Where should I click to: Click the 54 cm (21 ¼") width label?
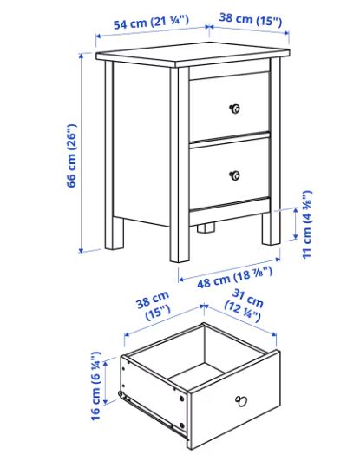(x=151, y=23)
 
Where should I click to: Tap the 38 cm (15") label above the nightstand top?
(x=251, y=19)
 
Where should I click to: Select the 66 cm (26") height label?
(x=72, y=155)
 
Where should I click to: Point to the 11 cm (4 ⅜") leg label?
(x=307, y=224)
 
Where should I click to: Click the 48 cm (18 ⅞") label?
(x=234, y=278)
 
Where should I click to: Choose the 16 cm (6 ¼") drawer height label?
(x=96, y=386)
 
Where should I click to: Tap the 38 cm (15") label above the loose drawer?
(x=153, y=305)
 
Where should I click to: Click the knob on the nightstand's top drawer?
(x=234, y=109)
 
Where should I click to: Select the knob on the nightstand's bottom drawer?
(x=235, y=175)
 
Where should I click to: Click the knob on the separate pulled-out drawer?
(x=241, y=401)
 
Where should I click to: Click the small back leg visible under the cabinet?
(x=206, y=227)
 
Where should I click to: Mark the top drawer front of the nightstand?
(x=230, y=107)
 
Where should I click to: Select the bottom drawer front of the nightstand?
(x=230, y=173)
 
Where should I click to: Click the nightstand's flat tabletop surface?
(x=193, y=53)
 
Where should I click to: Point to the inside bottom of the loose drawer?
(x=196, y=376)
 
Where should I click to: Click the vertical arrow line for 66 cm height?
(x=82, y=153)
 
